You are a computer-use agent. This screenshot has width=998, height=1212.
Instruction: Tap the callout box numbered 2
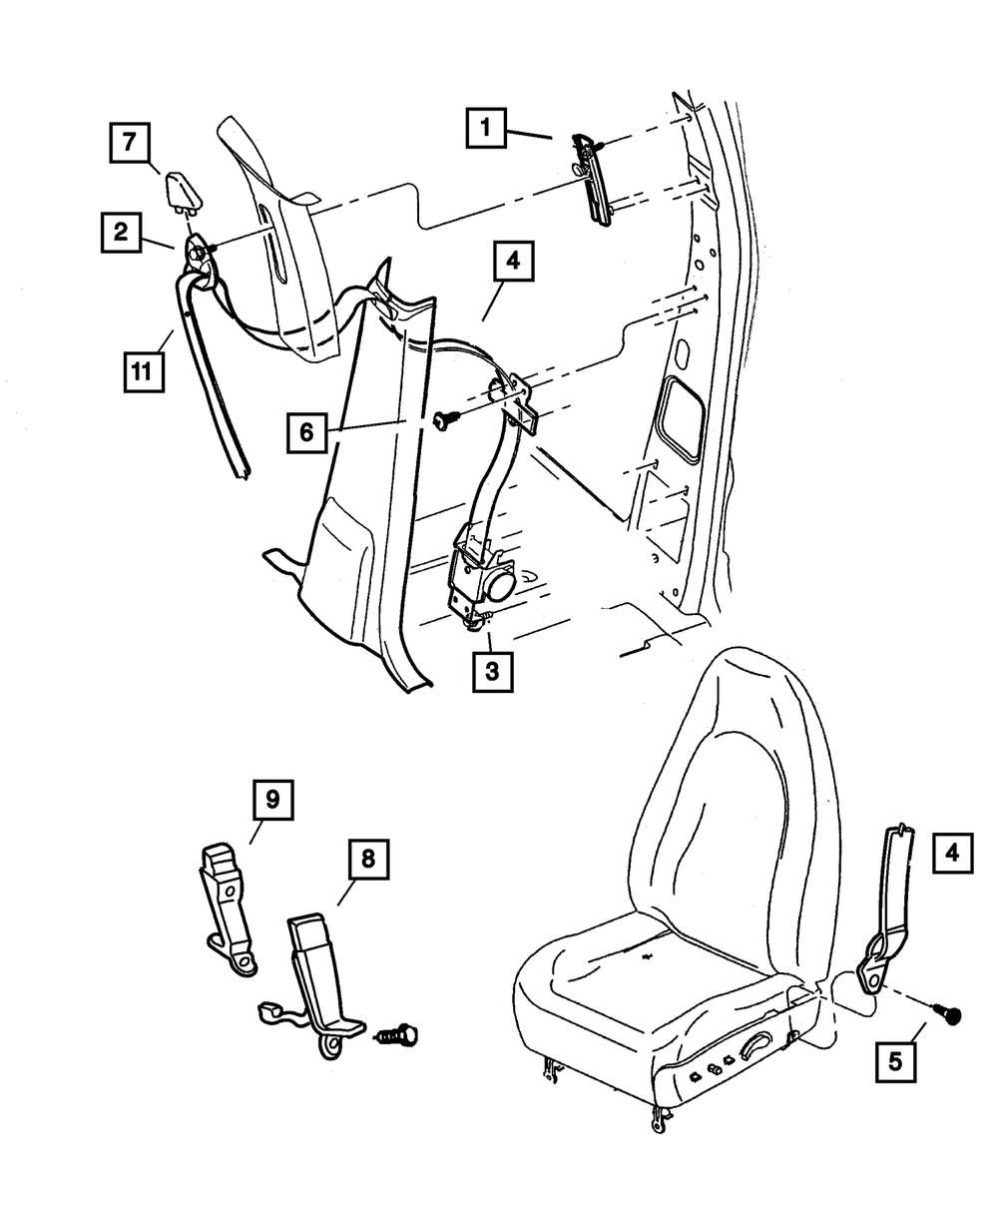120,233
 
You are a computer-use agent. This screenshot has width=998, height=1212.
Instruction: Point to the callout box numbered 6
307,432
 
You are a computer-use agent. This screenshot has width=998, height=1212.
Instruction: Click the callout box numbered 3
492,671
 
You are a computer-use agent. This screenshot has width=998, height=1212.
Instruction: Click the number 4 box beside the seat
953,853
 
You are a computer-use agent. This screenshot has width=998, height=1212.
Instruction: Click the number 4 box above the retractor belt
512,263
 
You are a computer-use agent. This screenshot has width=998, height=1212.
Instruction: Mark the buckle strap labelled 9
228,905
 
